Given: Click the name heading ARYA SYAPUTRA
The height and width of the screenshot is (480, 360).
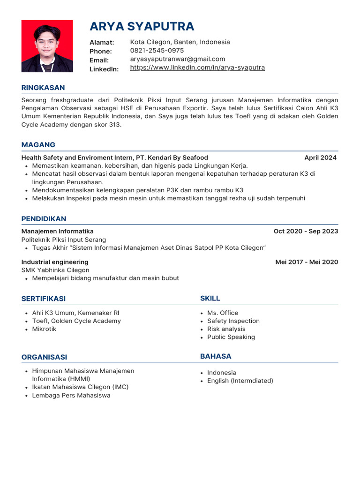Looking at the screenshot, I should [142, 26].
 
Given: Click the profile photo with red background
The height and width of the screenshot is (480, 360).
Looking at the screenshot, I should [47, 46].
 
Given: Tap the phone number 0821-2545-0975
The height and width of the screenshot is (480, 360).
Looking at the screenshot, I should [157, 51].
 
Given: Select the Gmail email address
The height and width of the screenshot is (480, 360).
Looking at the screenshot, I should [178, 59].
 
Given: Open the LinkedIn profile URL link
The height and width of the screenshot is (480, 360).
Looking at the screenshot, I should [197, 67].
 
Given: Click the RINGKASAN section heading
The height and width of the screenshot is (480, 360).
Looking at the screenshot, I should [43, 88].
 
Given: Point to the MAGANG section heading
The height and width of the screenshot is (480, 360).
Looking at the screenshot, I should [38, 145].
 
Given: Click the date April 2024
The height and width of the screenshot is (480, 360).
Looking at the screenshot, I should [320, 157].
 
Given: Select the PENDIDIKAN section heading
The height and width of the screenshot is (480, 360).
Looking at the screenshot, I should [44, 219].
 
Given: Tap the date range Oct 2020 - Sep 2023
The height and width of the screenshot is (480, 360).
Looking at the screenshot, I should [306, 231].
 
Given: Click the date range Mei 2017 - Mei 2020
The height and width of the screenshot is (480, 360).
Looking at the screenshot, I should [307, 262].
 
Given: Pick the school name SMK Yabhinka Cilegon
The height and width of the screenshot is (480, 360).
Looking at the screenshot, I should [55, 270].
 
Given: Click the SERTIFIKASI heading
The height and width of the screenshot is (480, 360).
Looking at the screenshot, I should [44, 299].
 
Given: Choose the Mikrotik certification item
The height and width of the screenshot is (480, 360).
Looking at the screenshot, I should [44, 329].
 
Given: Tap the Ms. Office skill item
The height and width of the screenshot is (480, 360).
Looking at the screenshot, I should [223, 313].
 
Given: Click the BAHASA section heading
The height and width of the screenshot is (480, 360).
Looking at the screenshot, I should [216, 356].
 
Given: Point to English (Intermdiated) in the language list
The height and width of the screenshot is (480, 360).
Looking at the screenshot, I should [240, 381].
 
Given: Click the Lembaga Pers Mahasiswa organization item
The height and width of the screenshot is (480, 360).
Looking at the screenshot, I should [71, 395].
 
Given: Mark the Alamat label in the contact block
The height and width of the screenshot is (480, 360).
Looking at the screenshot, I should [102, 43].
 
